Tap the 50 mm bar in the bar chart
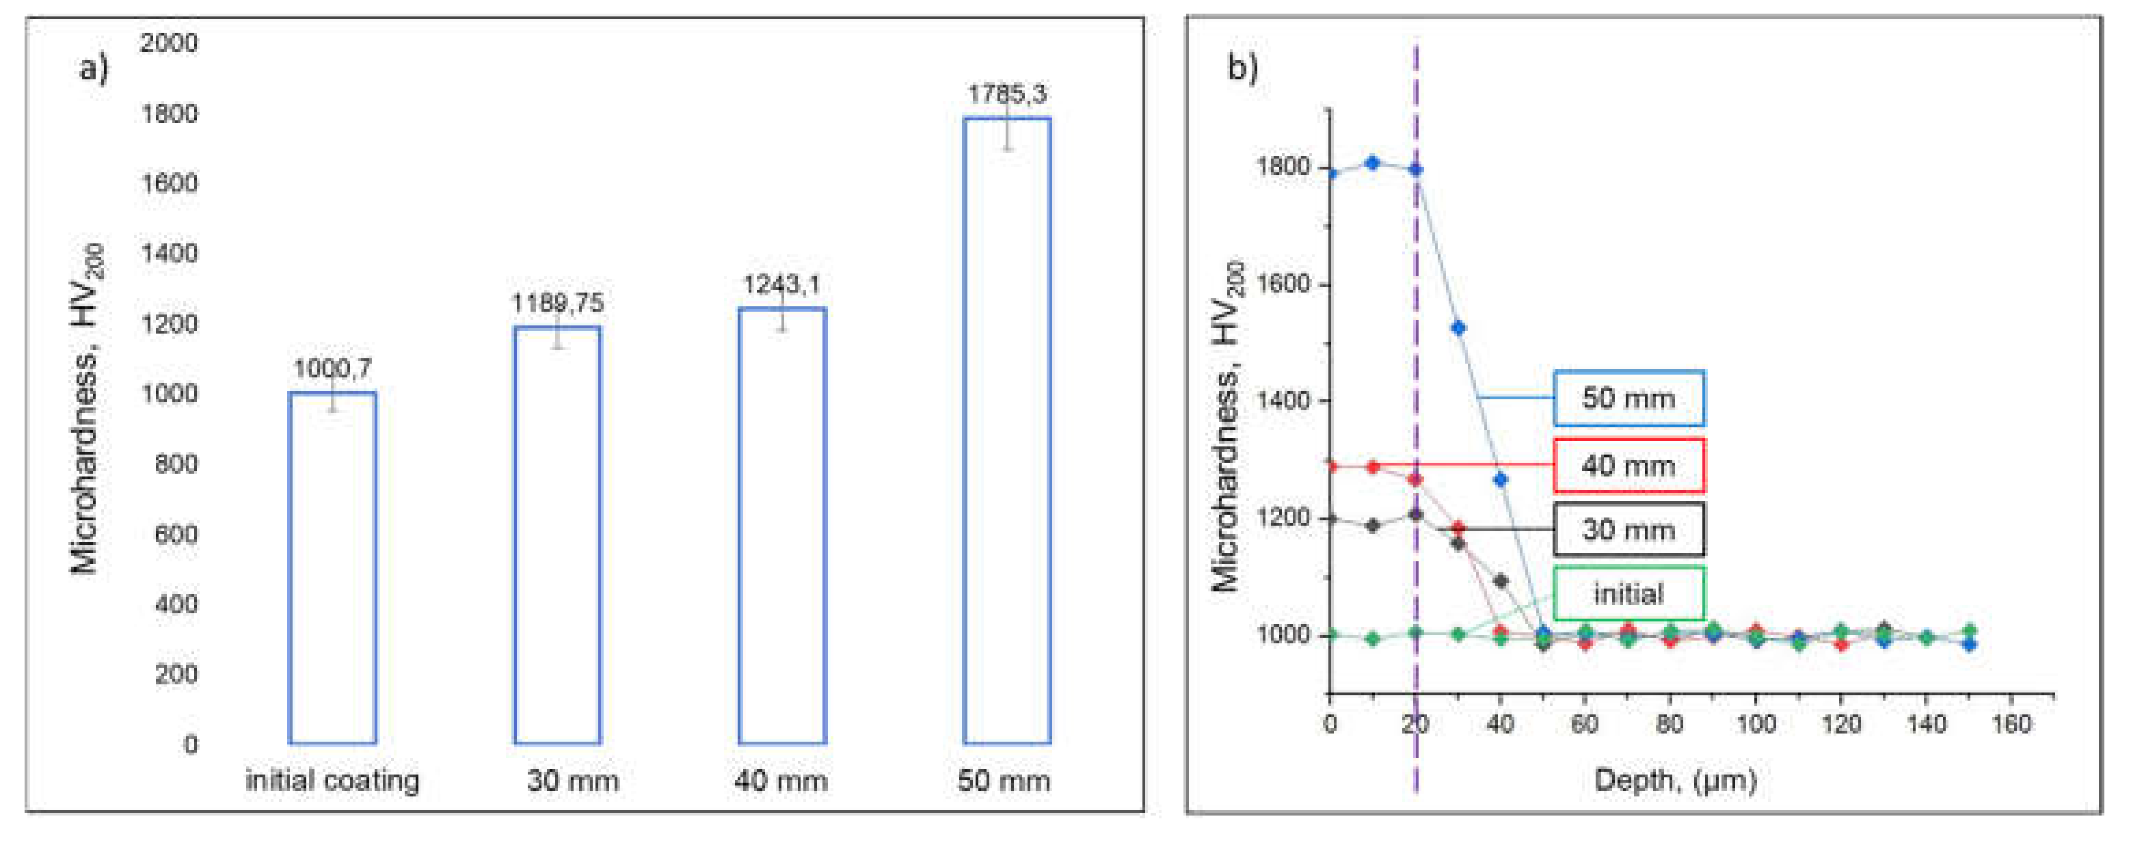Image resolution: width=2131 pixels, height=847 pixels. tap(1007, 430)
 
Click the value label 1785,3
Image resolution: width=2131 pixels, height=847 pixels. tap(1007, 94)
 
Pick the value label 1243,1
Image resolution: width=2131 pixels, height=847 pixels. tap(781, 284)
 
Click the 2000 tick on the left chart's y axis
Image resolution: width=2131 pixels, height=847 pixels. tap(169, 42)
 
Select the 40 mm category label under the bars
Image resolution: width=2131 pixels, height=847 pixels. tap(780, 780)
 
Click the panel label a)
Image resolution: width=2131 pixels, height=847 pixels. tap(94, 68)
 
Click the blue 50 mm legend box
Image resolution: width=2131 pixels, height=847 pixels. tap(1628, 398)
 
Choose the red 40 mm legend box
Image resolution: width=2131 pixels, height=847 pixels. tap(1628, 466)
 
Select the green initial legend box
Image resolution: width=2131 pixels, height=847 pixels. tap(1628, 594)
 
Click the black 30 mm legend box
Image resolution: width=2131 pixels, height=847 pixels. tap(1628, 529)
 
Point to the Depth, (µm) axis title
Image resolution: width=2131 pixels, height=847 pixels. tap(1674, 780)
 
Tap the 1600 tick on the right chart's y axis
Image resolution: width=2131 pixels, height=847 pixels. tap(1283, 284)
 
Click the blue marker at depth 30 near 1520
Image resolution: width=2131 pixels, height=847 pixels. tap(1458, 327)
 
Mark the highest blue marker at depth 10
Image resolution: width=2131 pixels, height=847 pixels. tap(1372, 163)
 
